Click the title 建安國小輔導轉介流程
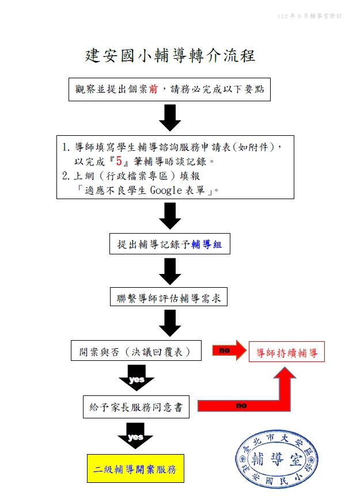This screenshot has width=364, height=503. pyautogui.click(x=170, y=56)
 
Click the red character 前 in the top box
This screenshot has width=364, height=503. pyautogui.click(x=153, y=89)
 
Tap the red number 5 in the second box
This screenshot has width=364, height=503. pyautogui.click(x=119, y=161)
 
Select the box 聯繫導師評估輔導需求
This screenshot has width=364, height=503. pyautogui.click(x=169, y=299)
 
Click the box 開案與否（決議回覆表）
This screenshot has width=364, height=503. pyautogui.click(x=136, y=351)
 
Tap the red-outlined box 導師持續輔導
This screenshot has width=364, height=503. pyautogui.click(x=287, y=352)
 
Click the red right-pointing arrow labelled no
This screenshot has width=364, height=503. pyautogui.click(x=229, y=350)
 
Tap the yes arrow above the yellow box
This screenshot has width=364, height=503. pyautogui.click(x=135, y=436)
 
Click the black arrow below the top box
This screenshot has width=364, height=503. pyautogui.click(x=170, y=117)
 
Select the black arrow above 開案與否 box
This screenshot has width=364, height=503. pyautogui.click(x=170, y=323)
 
